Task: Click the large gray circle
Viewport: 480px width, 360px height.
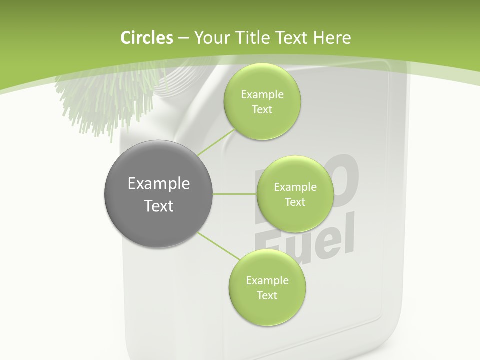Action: point(158,194)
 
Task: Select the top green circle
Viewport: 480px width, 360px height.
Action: point(262,102)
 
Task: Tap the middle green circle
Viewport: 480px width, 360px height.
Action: point(295,194)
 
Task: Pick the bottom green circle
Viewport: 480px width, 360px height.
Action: point(267,288)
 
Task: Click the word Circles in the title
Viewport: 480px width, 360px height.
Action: point(146,38)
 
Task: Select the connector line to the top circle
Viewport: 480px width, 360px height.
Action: point(216,142)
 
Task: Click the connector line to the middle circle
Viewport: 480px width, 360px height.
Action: point(235,194)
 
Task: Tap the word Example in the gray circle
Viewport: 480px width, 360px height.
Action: point(158,184)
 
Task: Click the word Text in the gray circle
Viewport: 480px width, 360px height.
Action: point(158,206)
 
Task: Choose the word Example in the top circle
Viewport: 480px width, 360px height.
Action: point(262,95)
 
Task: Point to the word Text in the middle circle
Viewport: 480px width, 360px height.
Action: point(295,202)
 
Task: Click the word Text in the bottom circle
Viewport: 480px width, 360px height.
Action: point(267,295)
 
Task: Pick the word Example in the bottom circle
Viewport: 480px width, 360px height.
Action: point(267,281)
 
